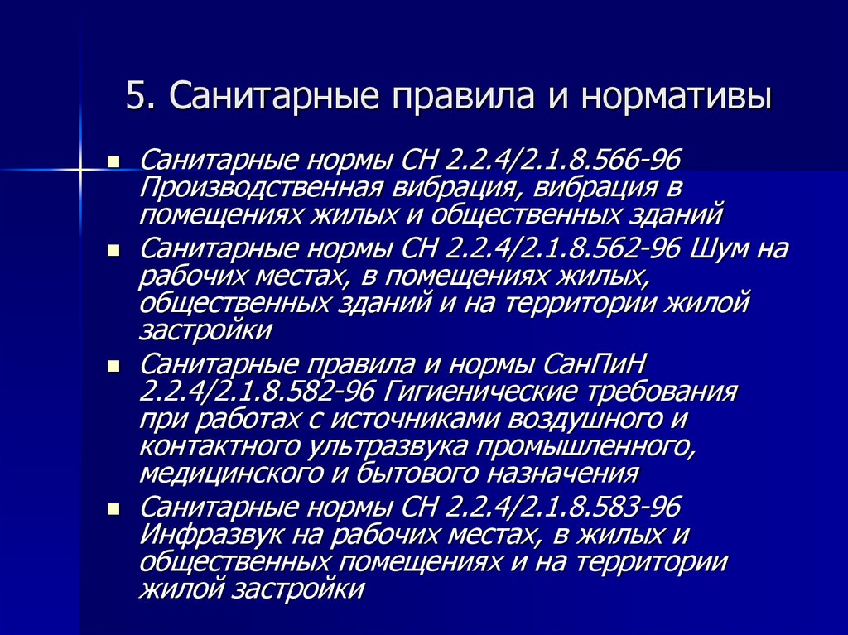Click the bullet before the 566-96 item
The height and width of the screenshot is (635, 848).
pos(114,160)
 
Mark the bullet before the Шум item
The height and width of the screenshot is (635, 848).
pos(114,249)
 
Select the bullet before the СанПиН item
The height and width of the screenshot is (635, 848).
pos(114,364)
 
